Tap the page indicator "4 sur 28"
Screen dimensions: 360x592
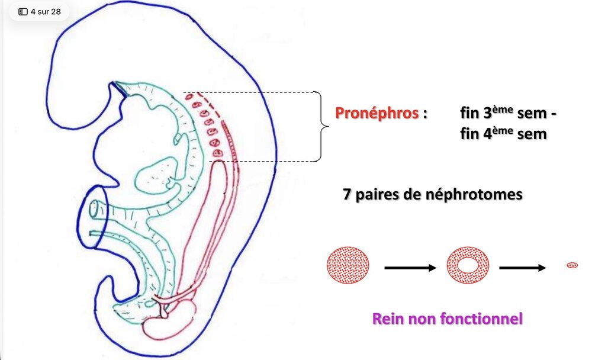pyautogui.click(x=46, y=11)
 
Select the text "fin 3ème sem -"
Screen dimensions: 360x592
pyautogui.click(x=509, y=113)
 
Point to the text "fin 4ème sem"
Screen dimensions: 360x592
pyautogui.click(x=503, y=134)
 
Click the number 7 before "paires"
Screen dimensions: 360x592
pyautogui.click(x=347, y=195)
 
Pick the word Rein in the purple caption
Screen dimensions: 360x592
pyautogui.click(x=387, y=320)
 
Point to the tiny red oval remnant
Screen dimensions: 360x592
pyautogui.click(x=572, y=265)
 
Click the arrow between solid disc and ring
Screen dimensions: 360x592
pyautogui.click(x=410, y=268)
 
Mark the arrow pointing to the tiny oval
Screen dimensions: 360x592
pyautogui.click(x=522, y=268)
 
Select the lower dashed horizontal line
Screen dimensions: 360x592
pyautogui.click(x=266, y=161)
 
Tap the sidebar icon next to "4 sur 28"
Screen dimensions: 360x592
pyautogui.click(x=23, y=11)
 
